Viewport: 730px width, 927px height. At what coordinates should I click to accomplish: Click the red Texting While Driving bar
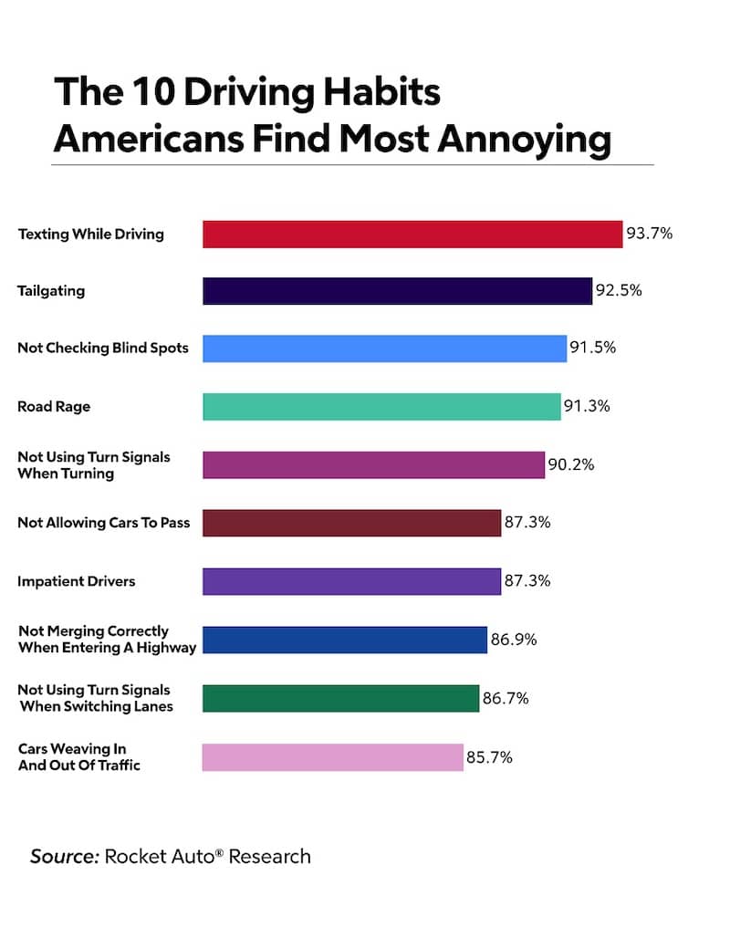point(412,234)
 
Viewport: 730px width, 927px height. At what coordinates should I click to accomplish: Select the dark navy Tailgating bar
point(397,291)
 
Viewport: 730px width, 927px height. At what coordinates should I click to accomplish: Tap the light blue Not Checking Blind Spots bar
point(384,349)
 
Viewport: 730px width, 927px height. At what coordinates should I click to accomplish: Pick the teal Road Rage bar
point(381,407)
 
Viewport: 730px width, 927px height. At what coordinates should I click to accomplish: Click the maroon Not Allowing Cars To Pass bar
point(351,523)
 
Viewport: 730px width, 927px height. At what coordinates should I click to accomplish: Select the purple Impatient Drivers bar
point(351,581)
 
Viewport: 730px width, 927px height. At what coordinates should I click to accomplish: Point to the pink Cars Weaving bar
point(332,757)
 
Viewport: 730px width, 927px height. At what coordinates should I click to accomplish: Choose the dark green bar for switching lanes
point(340,698)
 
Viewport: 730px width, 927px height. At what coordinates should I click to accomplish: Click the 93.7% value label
point(649,234)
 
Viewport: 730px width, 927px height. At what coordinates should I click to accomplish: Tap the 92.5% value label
point(620,291)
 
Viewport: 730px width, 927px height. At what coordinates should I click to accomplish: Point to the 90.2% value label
point(570,464)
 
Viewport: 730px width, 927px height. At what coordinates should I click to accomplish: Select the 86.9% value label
point(514,640)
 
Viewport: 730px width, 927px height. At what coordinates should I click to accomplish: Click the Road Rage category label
point(54,407)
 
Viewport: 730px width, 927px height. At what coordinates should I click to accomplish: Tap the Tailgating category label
point(51,291)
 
